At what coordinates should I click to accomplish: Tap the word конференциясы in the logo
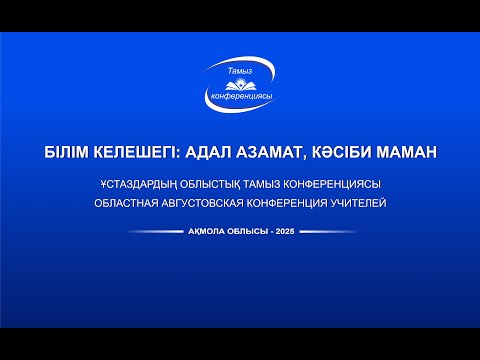(x=240, y=96)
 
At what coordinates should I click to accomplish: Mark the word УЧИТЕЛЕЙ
(x=353, y=203)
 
